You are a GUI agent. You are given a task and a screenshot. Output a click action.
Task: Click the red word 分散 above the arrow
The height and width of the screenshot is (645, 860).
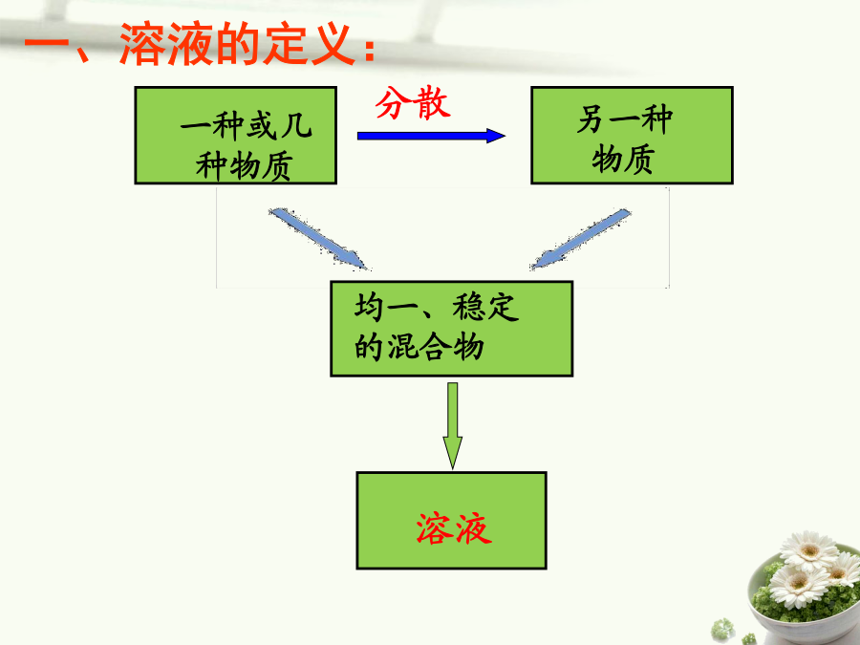coord(413,103)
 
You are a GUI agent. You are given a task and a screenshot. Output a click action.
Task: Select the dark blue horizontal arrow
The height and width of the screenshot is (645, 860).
coord(431,136)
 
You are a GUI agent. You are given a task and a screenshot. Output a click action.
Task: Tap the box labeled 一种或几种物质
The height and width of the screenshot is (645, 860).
coord(235,135)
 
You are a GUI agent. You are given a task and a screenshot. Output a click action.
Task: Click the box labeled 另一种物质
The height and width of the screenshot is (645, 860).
coord(632,135)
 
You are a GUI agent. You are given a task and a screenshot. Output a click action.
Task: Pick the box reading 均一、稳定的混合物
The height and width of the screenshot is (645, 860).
coord(451,329)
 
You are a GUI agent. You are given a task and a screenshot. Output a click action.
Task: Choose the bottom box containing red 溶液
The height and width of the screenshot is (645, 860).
coord(451,521)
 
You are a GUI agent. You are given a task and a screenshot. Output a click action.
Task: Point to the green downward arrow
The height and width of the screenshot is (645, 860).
coord(453,425)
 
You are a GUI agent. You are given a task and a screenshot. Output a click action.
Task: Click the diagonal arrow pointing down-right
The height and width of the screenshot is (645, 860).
coord(318,239)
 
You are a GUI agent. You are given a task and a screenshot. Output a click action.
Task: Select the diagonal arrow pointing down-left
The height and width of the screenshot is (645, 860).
coord(580,239)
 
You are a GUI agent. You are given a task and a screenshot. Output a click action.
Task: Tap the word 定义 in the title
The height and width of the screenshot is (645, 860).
coord(309,44)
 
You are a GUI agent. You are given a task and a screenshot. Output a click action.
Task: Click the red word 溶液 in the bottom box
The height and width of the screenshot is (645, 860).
coord(454,528)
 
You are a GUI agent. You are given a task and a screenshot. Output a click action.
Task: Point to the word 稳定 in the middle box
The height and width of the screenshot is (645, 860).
coord(485,307)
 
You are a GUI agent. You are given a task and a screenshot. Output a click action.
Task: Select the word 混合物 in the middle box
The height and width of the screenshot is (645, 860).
coord(436,347)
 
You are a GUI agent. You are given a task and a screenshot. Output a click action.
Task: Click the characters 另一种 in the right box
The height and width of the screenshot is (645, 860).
coord(625,119)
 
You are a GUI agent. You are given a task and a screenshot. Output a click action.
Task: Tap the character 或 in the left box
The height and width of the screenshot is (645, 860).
coord(262,125)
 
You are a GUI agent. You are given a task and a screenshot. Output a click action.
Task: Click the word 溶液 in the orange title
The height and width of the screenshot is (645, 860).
coord(166,44)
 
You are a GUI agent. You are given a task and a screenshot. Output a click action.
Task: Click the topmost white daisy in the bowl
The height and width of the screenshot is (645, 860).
coord(809,550)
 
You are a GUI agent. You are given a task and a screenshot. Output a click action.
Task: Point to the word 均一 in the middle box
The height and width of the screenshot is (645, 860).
coord(386,307)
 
